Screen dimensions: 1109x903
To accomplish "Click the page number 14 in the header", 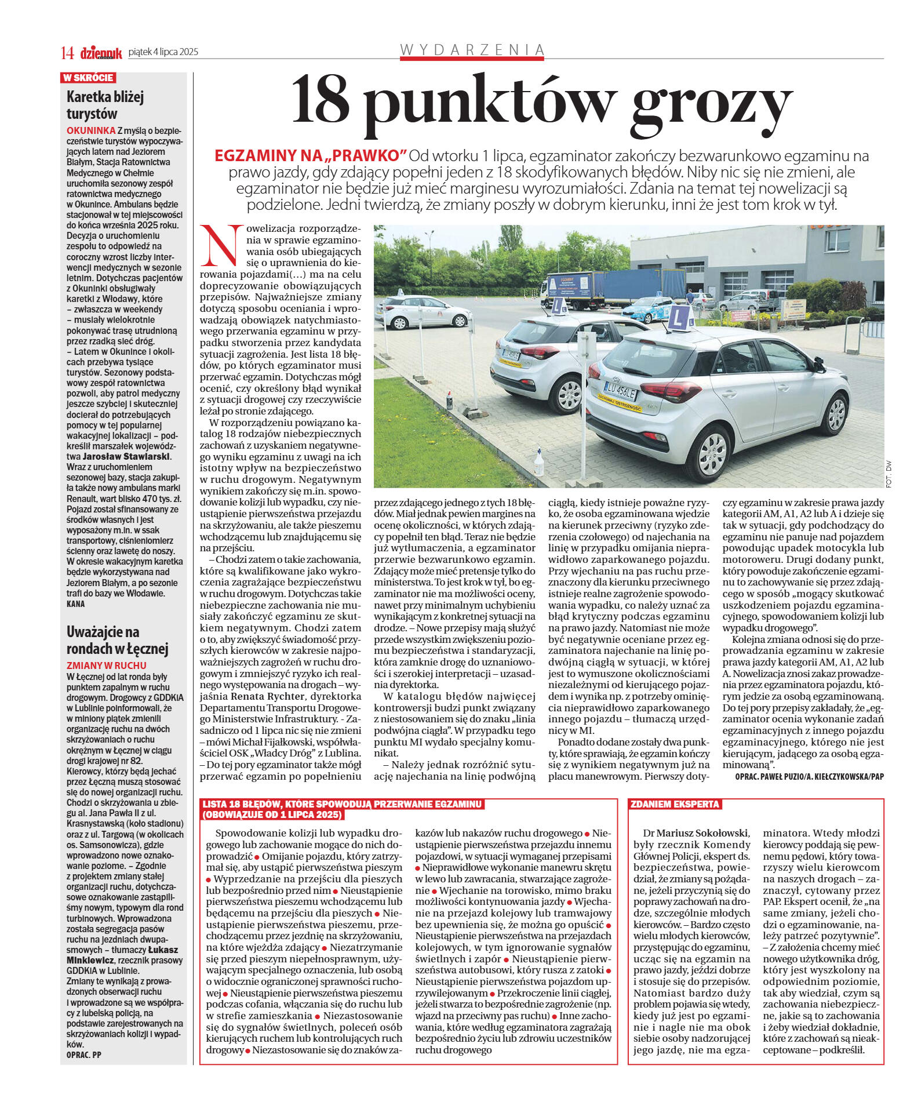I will [67, 53].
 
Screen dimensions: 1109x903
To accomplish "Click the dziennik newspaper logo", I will [101, 53].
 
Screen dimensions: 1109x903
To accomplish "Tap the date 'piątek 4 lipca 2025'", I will [163, 52].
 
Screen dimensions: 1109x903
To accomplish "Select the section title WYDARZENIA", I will [472, 50].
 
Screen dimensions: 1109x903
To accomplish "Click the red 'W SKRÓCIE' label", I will [88, 78].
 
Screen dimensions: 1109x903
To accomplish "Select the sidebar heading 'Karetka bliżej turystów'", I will [104, 105].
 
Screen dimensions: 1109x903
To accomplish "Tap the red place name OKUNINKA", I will [90, 130].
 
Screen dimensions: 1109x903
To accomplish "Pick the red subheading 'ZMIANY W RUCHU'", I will [106, 666].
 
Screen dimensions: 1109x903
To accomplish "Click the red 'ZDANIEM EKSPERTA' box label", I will [675, 804].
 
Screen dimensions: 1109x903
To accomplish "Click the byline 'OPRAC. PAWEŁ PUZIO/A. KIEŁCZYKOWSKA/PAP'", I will [809, 776].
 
